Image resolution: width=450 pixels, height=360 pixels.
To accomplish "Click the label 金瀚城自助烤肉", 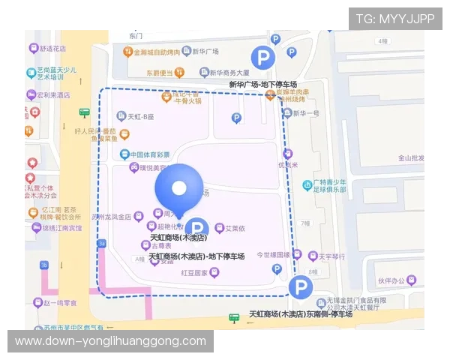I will pos(158,52).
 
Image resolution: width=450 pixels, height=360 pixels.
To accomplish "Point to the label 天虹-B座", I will pos(140,117).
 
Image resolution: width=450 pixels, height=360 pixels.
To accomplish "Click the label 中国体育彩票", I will pos(147,155).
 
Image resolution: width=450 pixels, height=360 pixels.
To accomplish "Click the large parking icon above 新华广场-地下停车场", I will pos(262,57).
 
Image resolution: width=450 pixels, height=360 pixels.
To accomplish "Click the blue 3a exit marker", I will pos(101,244).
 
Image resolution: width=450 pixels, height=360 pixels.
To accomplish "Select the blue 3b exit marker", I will pos(44,265).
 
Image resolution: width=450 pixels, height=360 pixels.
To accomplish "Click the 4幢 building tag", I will pos(382,40).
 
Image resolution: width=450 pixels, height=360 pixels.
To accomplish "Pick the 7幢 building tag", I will pos(304,223).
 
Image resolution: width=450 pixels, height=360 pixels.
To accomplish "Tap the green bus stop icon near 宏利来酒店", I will pos(85,112).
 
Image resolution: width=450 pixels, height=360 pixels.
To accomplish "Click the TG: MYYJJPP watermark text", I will pos(394,19).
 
